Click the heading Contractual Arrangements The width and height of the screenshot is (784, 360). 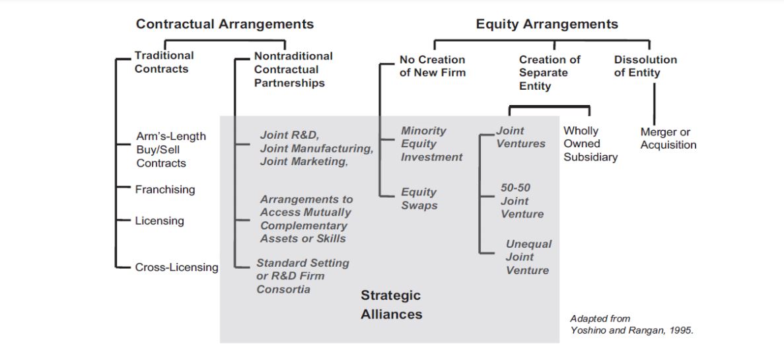[x=225, y=24]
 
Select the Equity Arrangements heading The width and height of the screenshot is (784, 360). [x=547, y=24]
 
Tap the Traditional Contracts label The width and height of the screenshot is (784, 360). [x=164, y=62]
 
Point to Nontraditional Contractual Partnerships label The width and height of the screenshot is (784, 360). [x=293, y=69]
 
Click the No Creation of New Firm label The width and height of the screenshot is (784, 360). [x=432, y=66]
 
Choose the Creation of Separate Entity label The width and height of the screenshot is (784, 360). [x=550, y=73]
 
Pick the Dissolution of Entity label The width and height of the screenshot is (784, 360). [x=645, y=66]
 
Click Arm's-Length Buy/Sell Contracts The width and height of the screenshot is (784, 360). [x=171, y=149]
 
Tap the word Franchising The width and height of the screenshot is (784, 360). [x=165, y=190]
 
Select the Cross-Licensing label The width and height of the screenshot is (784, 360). [x=176, y=268]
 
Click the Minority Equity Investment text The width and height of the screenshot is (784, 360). [x=431, y=144]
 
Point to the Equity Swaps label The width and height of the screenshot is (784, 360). [x=419, y=198]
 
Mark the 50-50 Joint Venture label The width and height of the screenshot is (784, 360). [x=522, y=201]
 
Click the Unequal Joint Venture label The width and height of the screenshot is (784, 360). [x=528, y=257]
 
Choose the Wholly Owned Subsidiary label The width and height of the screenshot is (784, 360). [x=590, y=144]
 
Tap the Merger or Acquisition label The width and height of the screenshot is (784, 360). [x=668, y=138]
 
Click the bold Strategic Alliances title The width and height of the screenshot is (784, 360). [x=391, y=305]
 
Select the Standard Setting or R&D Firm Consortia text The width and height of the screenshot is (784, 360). [x=303, y=276]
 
